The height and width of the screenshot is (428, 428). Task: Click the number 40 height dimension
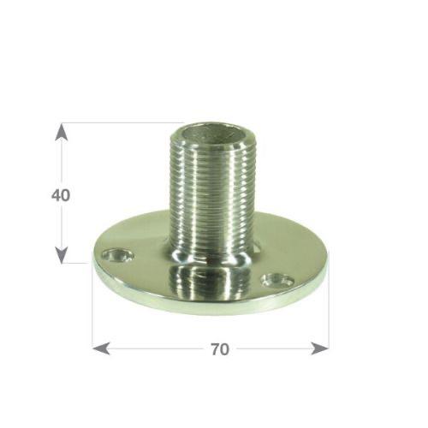pyautogui.click(x=61, y=195)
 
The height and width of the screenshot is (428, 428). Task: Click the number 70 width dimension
pyautogui.click(x=220, y=349)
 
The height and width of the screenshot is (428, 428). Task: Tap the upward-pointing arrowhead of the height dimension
pyautogui.click(x=61, y=132)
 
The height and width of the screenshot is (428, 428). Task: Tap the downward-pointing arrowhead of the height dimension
pyautogui.click(x=61, y=255)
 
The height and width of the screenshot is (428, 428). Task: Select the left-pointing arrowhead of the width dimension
pyautogui.click(x=101, y=348)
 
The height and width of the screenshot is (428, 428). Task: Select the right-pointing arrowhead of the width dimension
pyautogui.click(x=320, y=348)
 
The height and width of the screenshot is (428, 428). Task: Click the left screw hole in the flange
pyautogui.click(x=118, y=255)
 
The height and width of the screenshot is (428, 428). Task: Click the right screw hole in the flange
pyautogui.click(x=278, y=280)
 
